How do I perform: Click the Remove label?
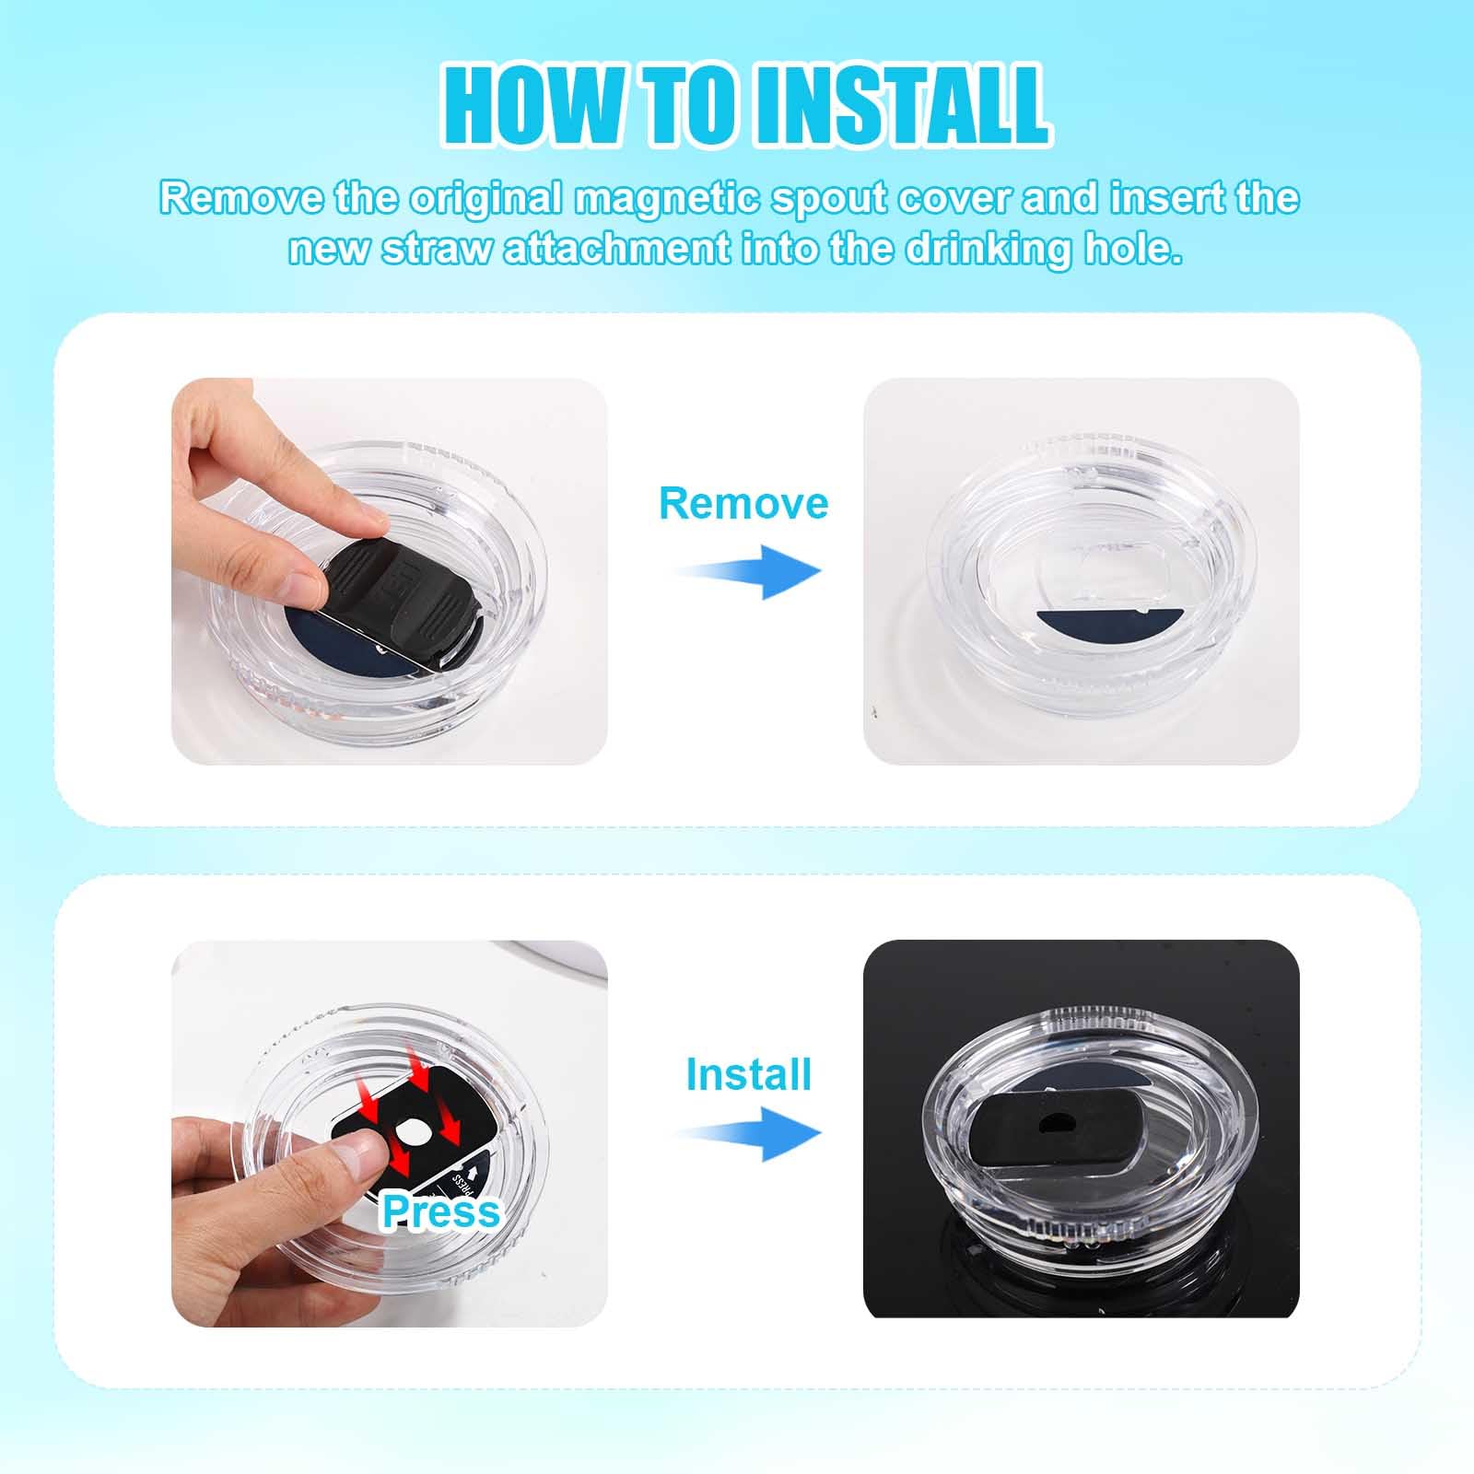coord(743,503)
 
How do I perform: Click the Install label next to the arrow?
coord(748,1074)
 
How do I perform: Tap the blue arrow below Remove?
coord(748,572)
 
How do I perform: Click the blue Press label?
coord(441,1211)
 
